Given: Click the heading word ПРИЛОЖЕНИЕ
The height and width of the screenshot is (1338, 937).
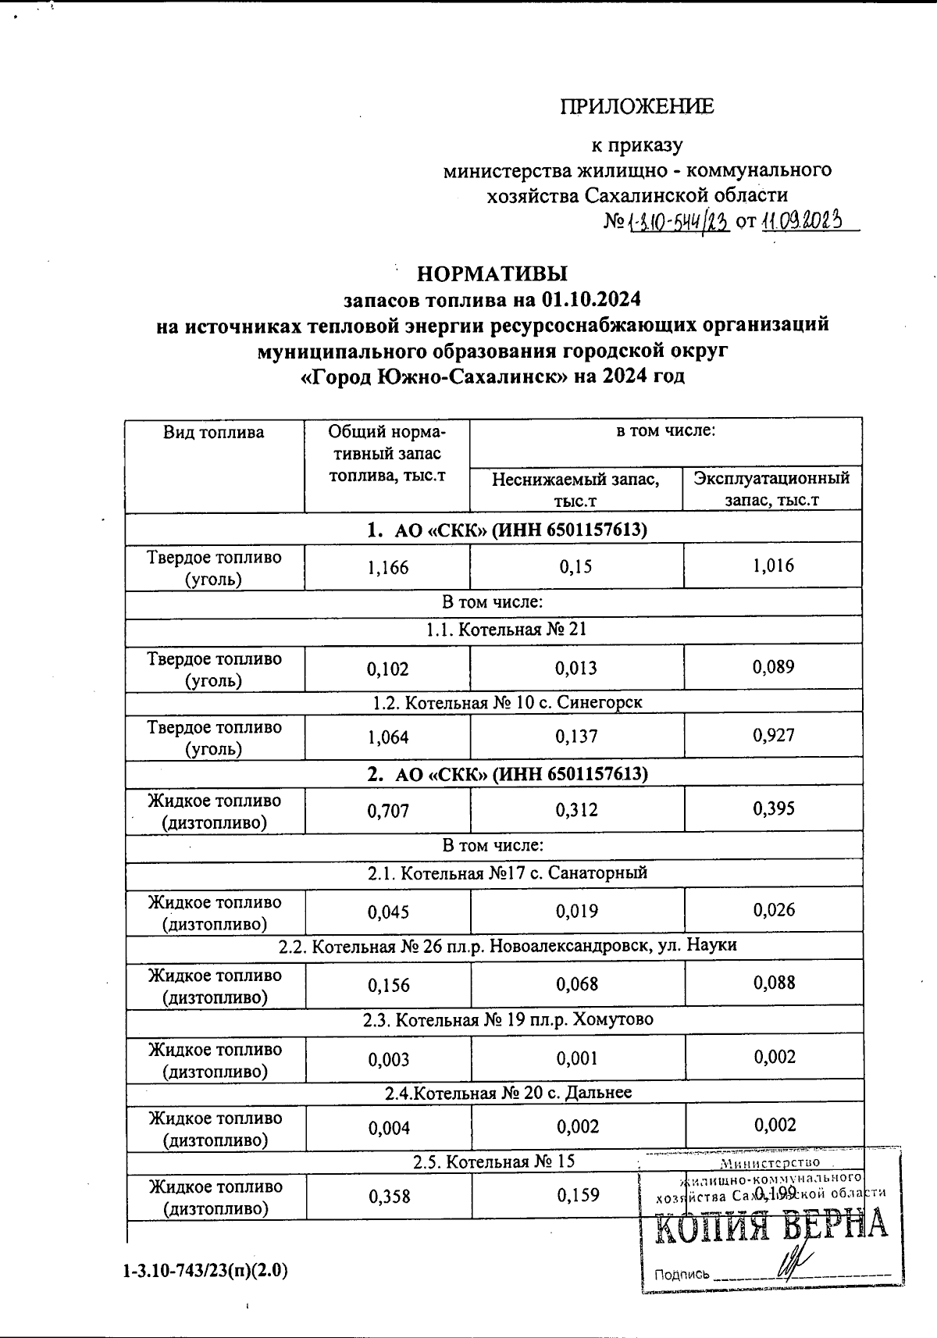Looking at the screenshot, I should pyautogui.click(x=637, y=106).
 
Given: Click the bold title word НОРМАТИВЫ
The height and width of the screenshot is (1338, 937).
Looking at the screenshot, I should pyautogui.click(x=492, y=273).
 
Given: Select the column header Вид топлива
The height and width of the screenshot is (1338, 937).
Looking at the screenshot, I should pyautogui.click(x=213, y=433).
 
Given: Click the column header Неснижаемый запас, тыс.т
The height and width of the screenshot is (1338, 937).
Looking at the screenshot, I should pyautogui.click(x=575, y=490).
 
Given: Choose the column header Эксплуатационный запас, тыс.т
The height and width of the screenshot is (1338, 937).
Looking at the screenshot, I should pyautogui.click(x=771, y=488).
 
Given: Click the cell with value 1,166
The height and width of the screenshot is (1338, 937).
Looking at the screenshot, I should pyautogui.click(x=388, y=568).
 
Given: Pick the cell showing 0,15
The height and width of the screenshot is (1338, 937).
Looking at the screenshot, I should pyautogui.click(x=576, y=567).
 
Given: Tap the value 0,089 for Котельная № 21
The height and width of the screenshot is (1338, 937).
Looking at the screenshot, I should pyautogui.click(x=773, y=667).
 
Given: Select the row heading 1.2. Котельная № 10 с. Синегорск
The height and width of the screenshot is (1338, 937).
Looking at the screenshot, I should pyautogui.click(x=508, y=702).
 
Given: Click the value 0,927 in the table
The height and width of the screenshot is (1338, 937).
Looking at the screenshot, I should pyautogui.click(x=773, y=736).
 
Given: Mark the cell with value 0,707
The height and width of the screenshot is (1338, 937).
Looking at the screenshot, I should pyautogui.click(x=388, y=811).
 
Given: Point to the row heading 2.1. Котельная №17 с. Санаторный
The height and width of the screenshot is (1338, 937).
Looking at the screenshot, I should pyautogui.click(x=508, y=872).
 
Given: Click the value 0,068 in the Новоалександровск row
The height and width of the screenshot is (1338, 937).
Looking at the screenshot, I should pyautogui.click(x=577, y=984).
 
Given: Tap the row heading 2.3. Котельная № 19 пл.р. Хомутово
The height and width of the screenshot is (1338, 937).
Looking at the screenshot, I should pyautogui.click(x=508, y=1019).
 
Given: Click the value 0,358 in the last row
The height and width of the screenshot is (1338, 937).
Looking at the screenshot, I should pyautogui.click(x=388, y=1196).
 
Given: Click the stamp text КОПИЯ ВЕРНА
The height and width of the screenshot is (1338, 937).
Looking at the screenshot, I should pyautogui.click(x=770, y=1225).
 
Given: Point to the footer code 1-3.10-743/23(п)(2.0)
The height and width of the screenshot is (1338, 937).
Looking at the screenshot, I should pyautogui.click(x=205, y=1272).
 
